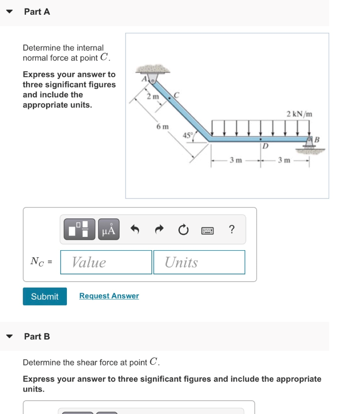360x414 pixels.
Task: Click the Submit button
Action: click(x=45, y=296)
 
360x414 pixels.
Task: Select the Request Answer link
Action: click(x=109, y=296)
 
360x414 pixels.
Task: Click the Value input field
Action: click(x=106, y=262)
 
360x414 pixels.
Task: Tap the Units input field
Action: click(x=199, y=262)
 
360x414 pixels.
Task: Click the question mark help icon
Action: click(x=231, y=230)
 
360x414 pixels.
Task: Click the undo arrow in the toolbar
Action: click(x=135, y=230)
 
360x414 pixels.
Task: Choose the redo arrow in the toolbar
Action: click(x=159, y=230)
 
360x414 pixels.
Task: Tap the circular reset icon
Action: click(x=183, y=230)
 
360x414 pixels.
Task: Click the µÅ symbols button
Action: click(x=109, y=230)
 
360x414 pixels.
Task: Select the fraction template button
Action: click(x=78, y=230)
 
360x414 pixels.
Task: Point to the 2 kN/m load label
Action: click(x=300, y=114)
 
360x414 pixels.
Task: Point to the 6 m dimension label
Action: click(x=162, y=127)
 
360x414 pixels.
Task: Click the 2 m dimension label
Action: click(x=152, y=97)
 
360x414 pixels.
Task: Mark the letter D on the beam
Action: click(x=266, y=146)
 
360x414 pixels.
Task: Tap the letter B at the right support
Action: click(x=317, y=139)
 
